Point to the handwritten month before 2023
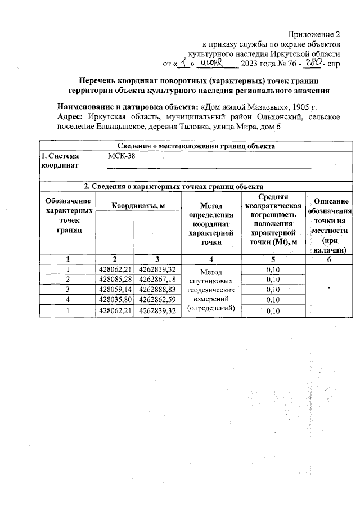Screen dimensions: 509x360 coord(220,64)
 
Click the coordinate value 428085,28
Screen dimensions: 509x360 coord(115,280)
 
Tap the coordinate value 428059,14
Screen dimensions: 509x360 coord(115,290)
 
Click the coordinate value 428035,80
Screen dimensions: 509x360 coord(115,300)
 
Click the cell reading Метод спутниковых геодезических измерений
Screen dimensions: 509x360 coord(209,290)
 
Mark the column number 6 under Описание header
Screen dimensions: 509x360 coord(328,259)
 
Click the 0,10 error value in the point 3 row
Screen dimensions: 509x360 coord(272,290)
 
